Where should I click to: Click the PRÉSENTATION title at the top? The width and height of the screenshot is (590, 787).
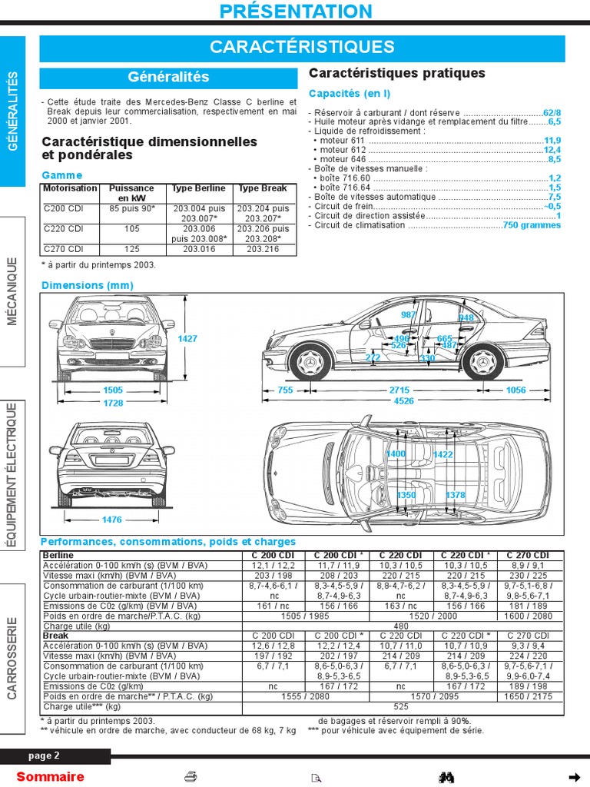(295, 11)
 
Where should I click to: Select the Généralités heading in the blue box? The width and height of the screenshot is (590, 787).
(168, 78)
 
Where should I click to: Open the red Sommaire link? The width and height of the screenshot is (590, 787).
(50, 776)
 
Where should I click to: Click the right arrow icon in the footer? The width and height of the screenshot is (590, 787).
(574, 776)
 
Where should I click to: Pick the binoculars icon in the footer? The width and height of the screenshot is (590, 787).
(446, 776)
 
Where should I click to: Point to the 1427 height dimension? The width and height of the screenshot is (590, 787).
(187, 338)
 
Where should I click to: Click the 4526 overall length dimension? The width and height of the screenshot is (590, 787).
(403, 400)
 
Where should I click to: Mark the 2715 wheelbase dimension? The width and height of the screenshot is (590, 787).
(399, 390)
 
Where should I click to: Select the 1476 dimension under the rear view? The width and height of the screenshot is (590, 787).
(112, 520)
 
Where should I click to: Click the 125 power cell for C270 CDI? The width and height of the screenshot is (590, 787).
(132, 249)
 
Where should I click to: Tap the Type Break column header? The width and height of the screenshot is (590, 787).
(263, 188)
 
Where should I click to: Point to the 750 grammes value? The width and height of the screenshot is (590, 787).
(532, 225)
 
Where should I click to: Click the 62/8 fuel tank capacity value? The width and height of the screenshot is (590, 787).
(552, 111)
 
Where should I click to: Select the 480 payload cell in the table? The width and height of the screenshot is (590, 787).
(401, 626)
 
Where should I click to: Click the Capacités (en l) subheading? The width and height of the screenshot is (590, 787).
(350, 94)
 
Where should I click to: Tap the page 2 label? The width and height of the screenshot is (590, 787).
(45, 755)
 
